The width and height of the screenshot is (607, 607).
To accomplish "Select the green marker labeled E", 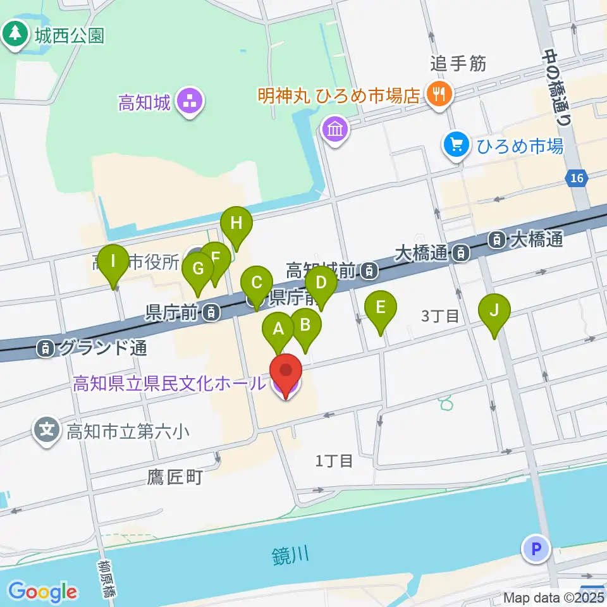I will (381, 309).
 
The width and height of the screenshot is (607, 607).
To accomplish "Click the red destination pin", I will (286, 374).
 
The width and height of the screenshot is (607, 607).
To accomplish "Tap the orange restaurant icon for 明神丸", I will (437, 95).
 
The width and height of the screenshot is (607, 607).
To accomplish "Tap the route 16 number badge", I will (576, 179).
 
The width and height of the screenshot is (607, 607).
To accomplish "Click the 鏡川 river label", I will (291, 556).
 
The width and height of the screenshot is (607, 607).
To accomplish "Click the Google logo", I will (43, 592).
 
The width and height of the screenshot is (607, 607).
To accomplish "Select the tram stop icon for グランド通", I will (45, 347).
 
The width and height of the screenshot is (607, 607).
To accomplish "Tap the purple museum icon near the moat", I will (335, 130).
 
